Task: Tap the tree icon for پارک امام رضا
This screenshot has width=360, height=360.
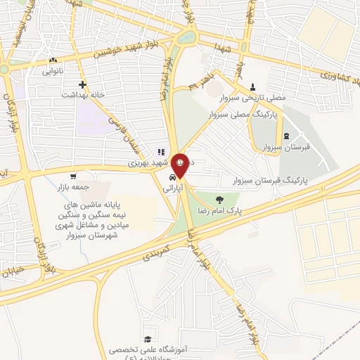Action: (219, 199)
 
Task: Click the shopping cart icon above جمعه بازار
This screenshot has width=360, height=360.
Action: (73, 177)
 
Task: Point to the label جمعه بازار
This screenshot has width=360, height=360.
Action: (72, 188)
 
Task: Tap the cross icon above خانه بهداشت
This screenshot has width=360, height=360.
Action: (82, 83)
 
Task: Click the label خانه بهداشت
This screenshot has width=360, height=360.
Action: (82, 94)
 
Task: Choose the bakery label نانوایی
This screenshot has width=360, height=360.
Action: (54, 71)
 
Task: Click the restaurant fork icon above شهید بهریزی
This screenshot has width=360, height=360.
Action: (161, 151)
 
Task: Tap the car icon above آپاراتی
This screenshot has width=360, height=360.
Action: (173, 179)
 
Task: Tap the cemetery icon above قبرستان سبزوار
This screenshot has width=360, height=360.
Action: (285, 137)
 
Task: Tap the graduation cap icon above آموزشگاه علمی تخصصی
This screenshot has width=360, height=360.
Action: (148, 339)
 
